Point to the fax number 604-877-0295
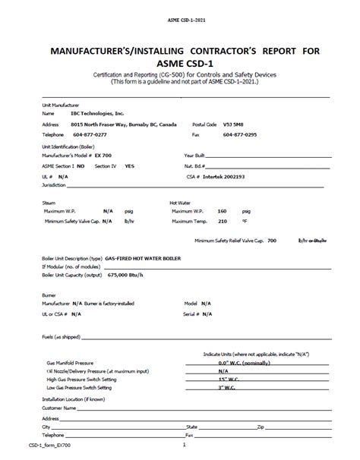pyautogui.click(x=240, y=134)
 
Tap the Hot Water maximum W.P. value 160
pyautogui.click(x=223, y=210)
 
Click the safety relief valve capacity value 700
pyautogui.click(x=272, y=239)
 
